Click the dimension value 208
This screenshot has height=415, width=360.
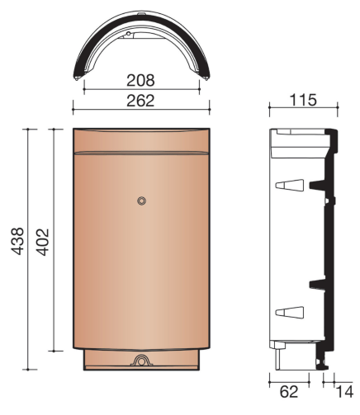coord(141,81)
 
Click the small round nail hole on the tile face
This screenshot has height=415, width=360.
coord(142,200)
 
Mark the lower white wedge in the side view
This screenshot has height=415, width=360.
coord(288,311)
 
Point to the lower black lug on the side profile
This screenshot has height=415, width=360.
coord(318,284)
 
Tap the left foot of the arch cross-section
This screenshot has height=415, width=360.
coord(79,78)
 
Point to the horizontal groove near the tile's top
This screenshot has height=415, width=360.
coord(141,153)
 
